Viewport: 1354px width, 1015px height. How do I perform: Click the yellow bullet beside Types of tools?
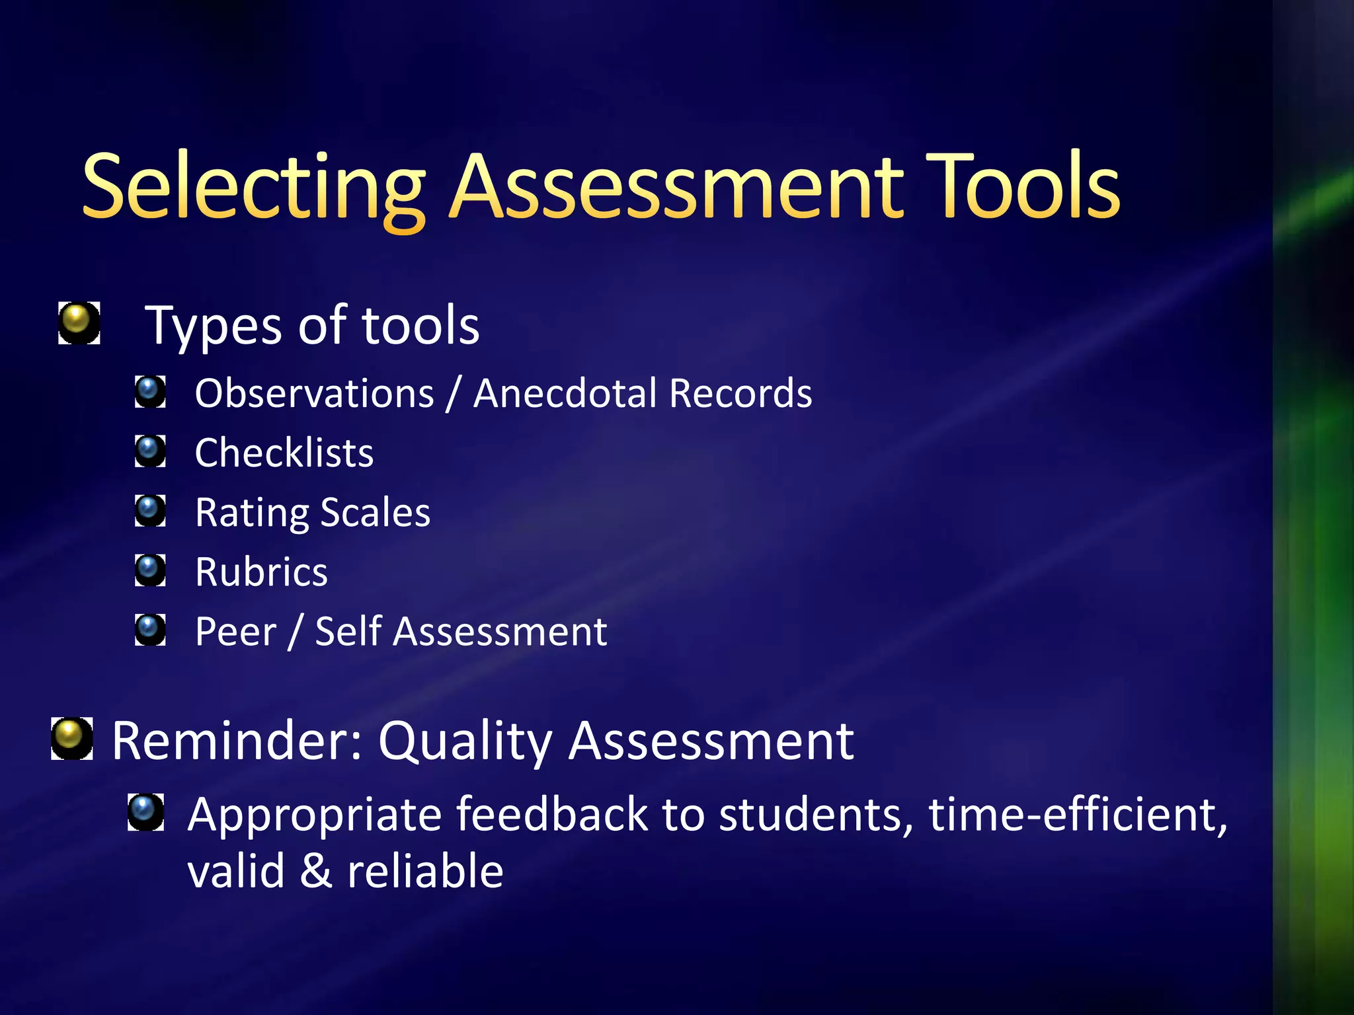pyautogui.click(x=79, y=322)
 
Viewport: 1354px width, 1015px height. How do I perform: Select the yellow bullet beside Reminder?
pyautogui.click(x=71, y=737)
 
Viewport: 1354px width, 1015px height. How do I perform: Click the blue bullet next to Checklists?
pyautogui.click(x=150, y=451)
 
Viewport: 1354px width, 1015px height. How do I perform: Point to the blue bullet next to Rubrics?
pyautogui.click(x=150, y=570)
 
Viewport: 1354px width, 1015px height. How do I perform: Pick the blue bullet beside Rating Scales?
pyautogui.click(x=150, y=511)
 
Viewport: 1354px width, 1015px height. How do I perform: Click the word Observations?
pyautogui.click(x=314, y=394)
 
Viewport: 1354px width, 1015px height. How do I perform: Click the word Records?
pyautogui.click(x=740, y=394)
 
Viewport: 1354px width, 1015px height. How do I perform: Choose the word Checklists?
pyautogui.click(x=284, y=453)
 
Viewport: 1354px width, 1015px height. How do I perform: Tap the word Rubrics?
pyautogui.click(x=261, y=572)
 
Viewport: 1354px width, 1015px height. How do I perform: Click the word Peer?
pyautogui.click(x=235, y=632)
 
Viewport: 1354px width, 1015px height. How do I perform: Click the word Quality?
pyautogui.click(x=465, y=741)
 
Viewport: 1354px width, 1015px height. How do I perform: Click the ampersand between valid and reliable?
pyautogui.click(x=315, y=871)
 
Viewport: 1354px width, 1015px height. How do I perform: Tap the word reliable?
pyautogui.click(x=425, y=871)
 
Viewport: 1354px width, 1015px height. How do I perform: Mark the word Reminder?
pyautogui.click(x=237, y=741)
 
